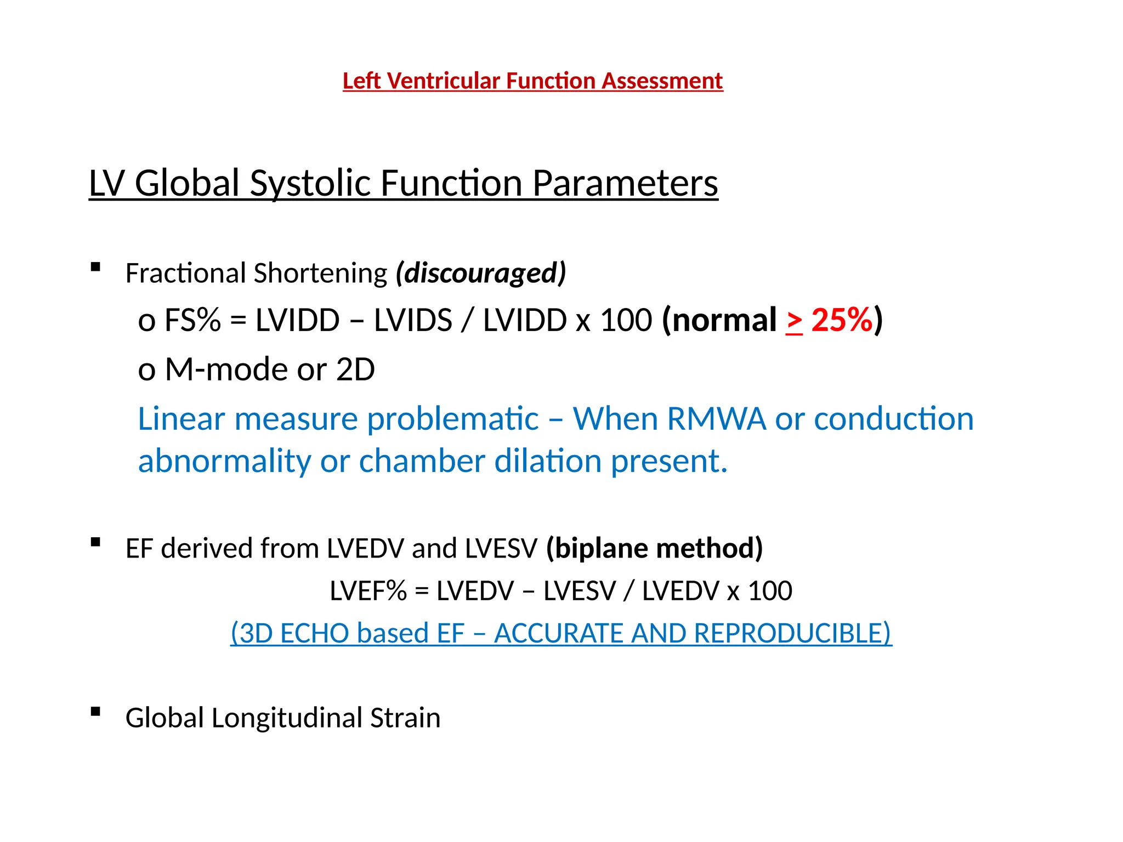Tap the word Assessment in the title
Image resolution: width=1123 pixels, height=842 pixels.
point(662,81)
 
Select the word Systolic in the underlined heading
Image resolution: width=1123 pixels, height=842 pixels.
point(310,184)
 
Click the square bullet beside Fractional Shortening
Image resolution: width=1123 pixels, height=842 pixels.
point(96,268)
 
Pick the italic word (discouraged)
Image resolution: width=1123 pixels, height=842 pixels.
point(481,273)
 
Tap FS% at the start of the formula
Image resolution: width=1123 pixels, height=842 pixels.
point(192,320)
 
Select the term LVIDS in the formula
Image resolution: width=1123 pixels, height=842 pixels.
point(413,320)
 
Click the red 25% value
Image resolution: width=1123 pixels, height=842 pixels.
point(841,320)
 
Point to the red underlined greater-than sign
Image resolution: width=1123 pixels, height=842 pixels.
point(794,321)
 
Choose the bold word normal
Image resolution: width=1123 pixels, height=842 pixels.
point(724,320)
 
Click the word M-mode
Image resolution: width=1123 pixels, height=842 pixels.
point(226,369)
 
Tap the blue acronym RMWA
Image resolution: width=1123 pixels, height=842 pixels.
point(716,419)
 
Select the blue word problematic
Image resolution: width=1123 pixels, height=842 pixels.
point(453,419)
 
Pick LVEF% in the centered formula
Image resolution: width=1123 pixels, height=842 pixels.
point(368,591)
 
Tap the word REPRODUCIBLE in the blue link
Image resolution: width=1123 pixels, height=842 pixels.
point(792,633)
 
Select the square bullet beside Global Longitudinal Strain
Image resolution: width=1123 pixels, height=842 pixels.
point(96,712)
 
